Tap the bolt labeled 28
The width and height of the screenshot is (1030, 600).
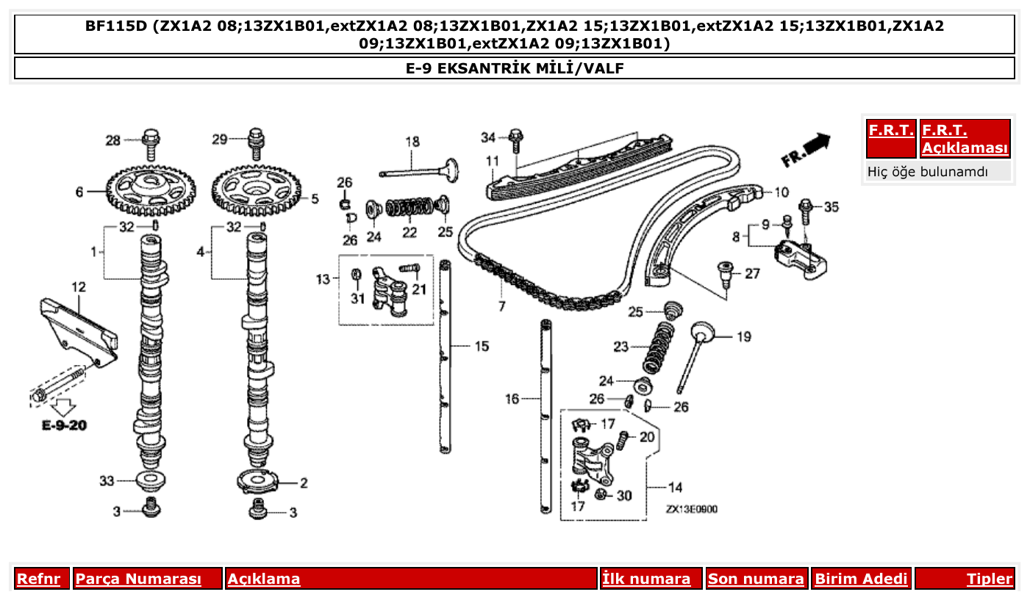151,142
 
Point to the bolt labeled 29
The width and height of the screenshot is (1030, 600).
257,142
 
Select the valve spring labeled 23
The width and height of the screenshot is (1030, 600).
659,347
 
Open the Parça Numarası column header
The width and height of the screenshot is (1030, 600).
138,579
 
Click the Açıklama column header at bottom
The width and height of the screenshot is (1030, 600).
264,579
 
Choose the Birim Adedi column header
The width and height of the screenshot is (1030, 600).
861,579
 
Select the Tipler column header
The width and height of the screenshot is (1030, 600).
989,579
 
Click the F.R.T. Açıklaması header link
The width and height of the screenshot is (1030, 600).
965,139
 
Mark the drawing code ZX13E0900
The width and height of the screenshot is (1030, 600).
691,510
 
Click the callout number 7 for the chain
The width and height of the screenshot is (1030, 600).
502,306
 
